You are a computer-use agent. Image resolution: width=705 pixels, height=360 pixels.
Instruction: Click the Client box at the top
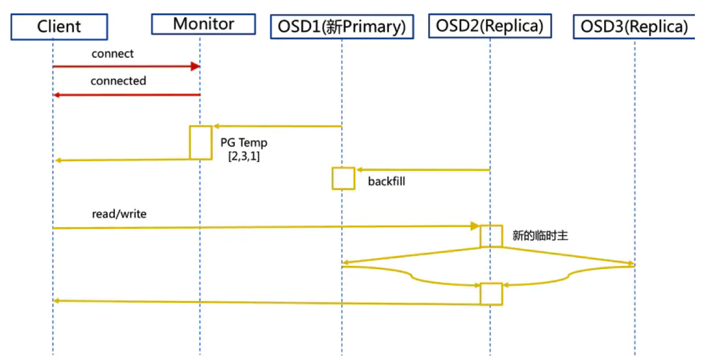coord(59,26)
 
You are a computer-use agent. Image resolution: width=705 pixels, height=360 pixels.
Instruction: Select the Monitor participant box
coord(203,24)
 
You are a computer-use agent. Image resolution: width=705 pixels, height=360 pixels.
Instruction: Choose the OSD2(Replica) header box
coord(490,26)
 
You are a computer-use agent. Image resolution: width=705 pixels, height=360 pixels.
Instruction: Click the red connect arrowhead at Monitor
coord(196,67)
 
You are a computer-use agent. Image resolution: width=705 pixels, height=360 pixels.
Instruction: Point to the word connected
coord(118,81)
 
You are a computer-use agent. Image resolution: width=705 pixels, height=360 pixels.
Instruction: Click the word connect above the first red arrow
coord(113,54)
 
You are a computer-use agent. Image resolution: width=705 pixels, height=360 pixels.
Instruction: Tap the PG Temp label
coord(244,144)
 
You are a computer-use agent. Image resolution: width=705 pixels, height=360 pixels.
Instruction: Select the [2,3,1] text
coord(243,156)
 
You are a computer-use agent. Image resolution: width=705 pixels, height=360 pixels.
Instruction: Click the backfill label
coord(386,182)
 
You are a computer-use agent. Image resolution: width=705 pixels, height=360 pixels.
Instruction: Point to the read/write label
coord(119,214)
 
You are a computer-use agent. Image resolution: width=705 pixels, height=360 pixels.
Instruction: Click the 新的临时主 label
coord(540,236)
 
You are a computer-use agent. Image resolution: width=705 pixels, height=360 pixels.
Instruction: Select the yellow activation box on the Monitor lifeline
coord(201,142)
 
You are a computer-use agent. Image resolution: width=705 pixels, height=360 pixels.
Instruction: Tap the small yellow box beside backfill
coord(343,178)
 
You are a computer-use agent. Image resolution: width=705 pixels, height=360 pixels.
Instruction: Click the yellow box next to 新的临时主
coord(491,236)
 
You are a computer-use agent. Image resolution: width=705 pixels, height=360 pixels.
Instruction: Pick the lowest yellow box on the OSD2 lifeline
coord(491,294)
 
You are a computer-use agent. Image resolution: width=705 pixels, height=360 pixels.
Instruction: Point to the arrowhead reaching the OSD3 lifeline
coord(630,264)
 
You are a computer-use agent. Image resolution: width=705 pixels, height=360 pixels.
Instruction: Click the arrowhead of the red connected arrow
coord(57,95)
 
